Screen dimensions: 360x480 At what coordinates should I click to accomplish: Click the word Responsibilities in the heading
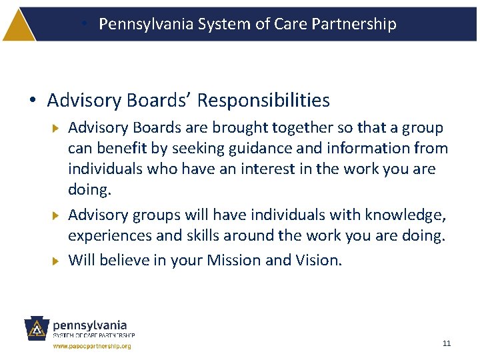click(264, 101)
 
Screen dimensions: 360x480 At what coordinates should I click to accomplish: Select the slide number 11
click(447, 343)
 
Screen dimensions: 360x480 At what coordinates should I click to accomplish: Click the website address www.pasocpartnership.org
click(92, 346)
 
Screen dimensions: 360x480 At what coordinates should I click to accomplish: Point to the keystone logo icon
click(37, 329)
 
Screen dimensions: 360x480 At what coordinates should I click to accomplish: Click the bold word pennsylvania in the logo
click(90, 325)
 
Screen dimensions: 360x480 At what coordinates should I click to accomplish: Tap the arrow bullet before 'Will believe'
click(56, 260)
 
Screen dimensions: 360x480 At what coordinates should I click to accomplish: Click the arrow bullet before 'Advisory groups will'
click(56, 215)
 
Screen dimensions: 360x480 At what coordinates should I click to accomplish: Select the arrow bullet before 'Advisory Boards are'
click(56, 127)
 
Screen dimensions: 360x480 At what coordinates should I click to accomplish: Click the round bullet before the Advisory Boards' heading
click(32, 101)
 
